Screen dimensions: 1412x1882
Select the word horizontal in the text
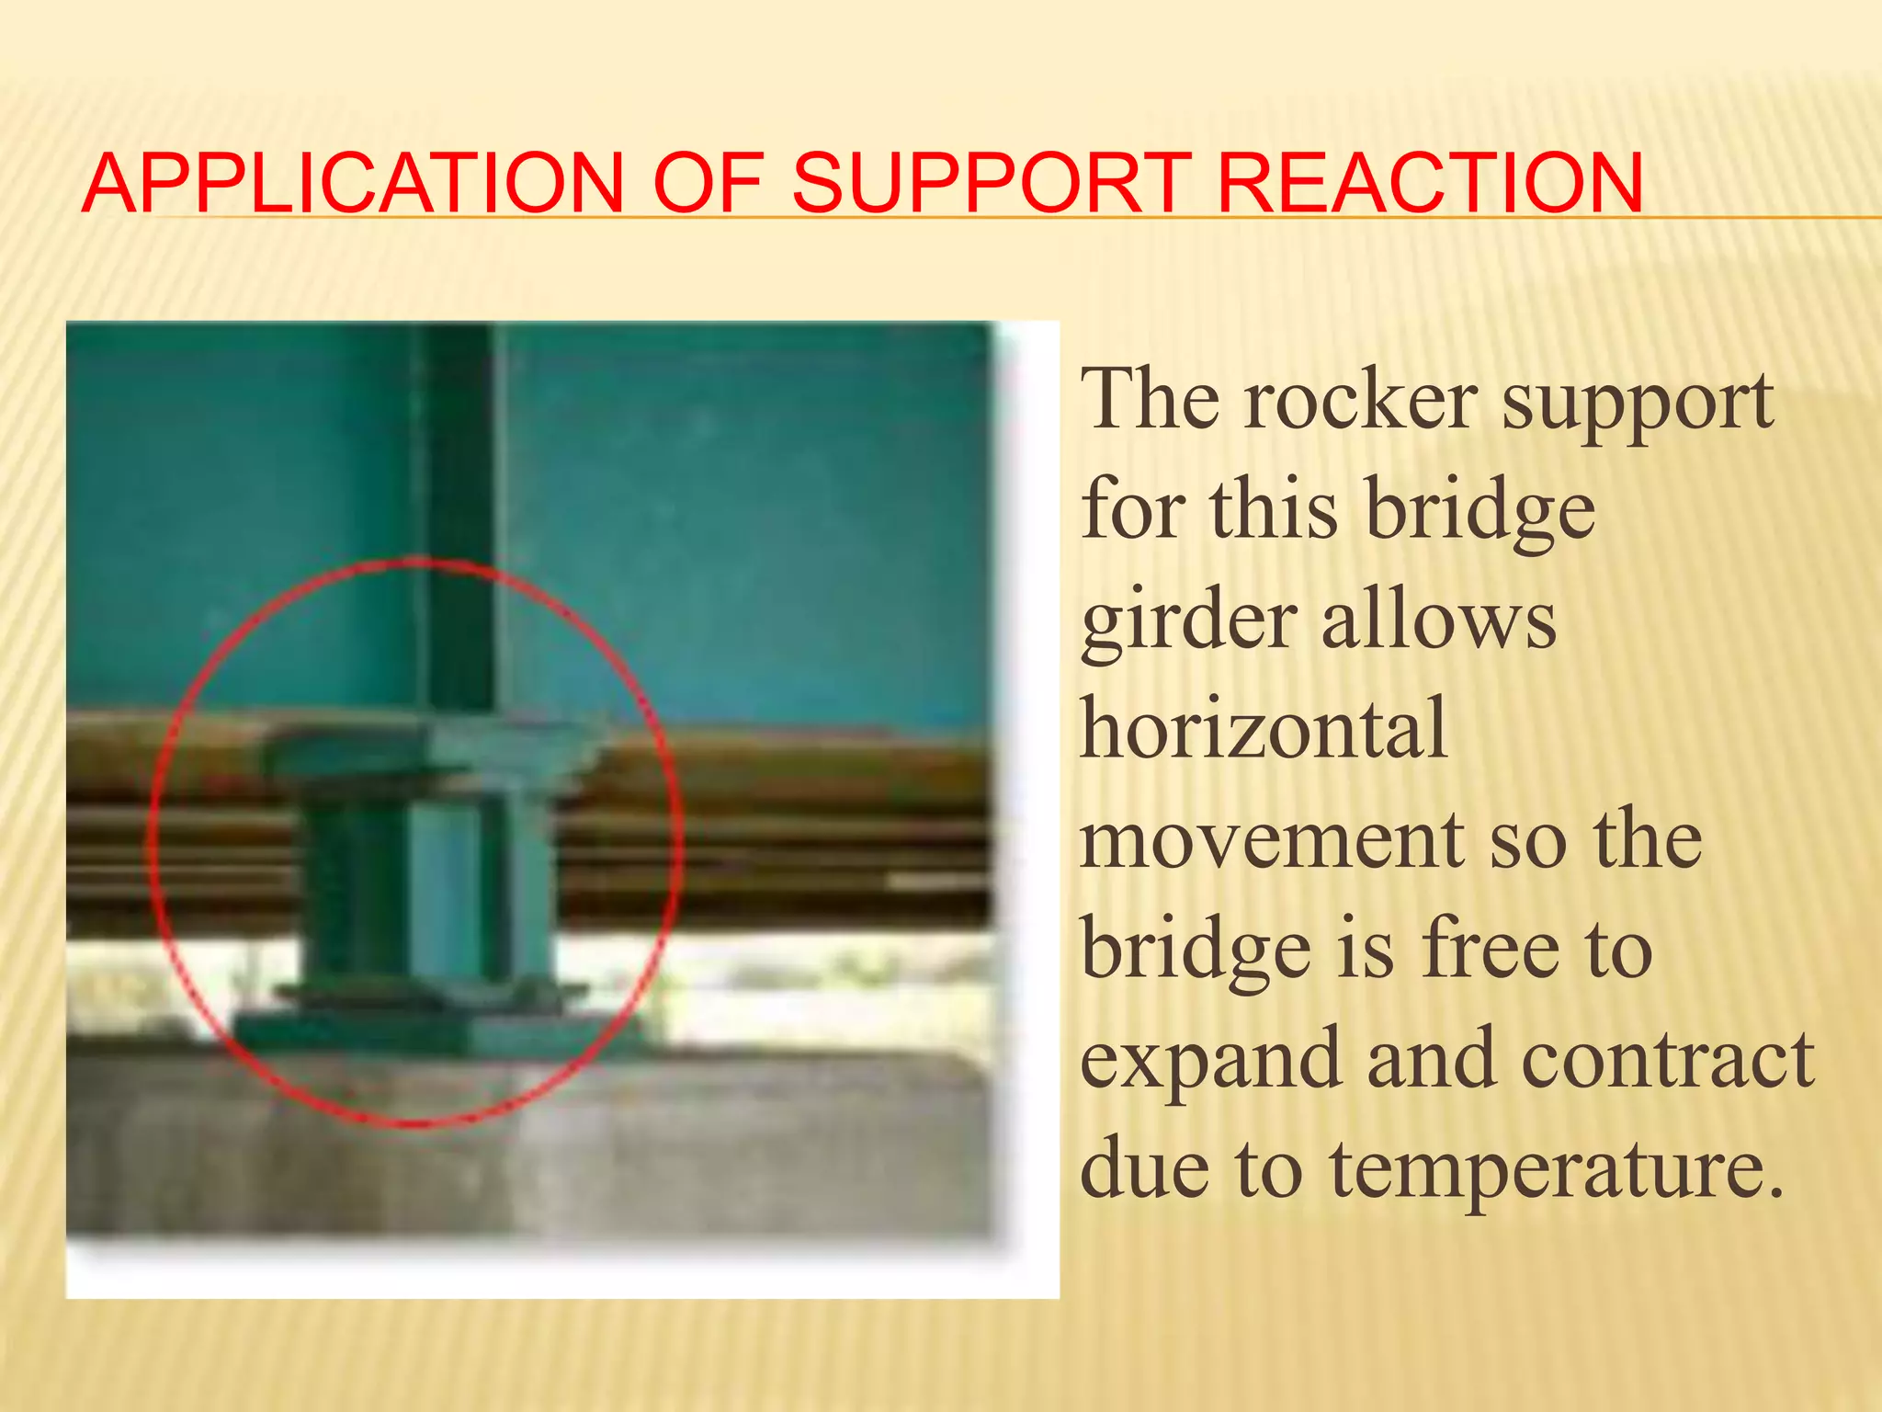coord(1264,729)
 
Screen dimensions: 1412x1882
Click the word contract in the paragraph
coord(1667,1060)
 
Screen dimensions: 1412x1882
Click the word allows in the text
coord(1438,621)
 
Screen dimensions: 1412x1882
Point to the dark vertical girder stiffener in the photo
coord(459,515)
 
